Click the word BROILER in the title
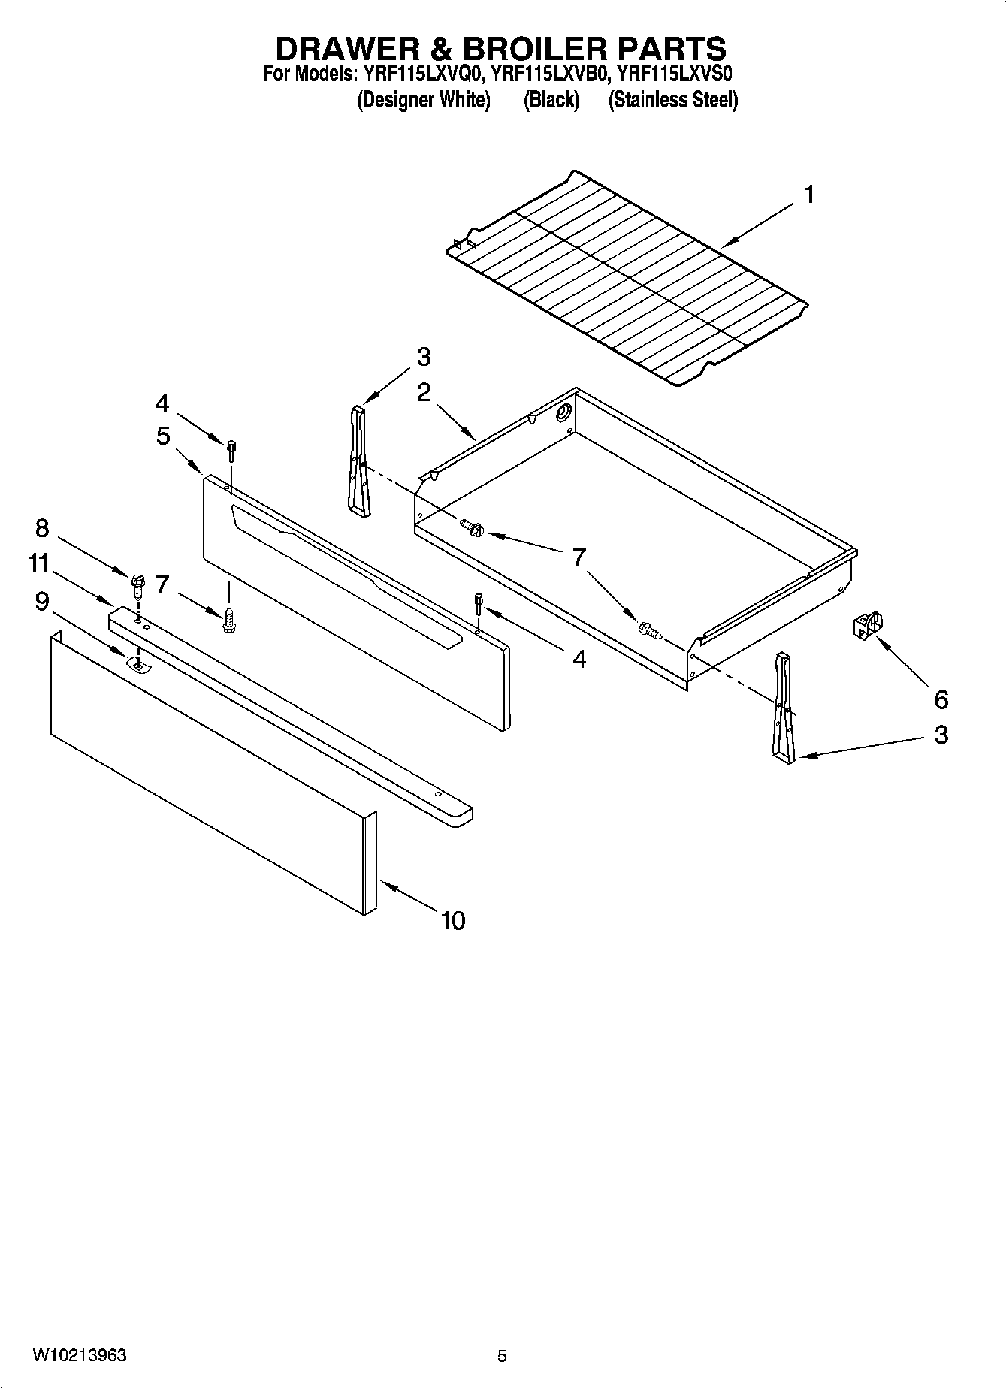(533, 49)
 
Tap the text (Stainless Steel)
(672, 100)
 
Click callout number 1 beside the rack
(809, 195)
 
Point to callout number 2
(424, 392)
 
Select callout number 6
(941, 700)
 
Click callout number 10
(453, 920)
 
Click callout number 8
(41, 528)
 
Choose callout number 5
(163, 436)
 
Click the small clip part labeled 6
(867, 624)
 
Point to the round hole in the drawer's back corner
(562, 413)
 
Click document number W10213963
(79, 1355)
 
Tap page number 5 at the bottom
(502, 1356)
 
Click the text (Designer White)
(423, 100)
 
